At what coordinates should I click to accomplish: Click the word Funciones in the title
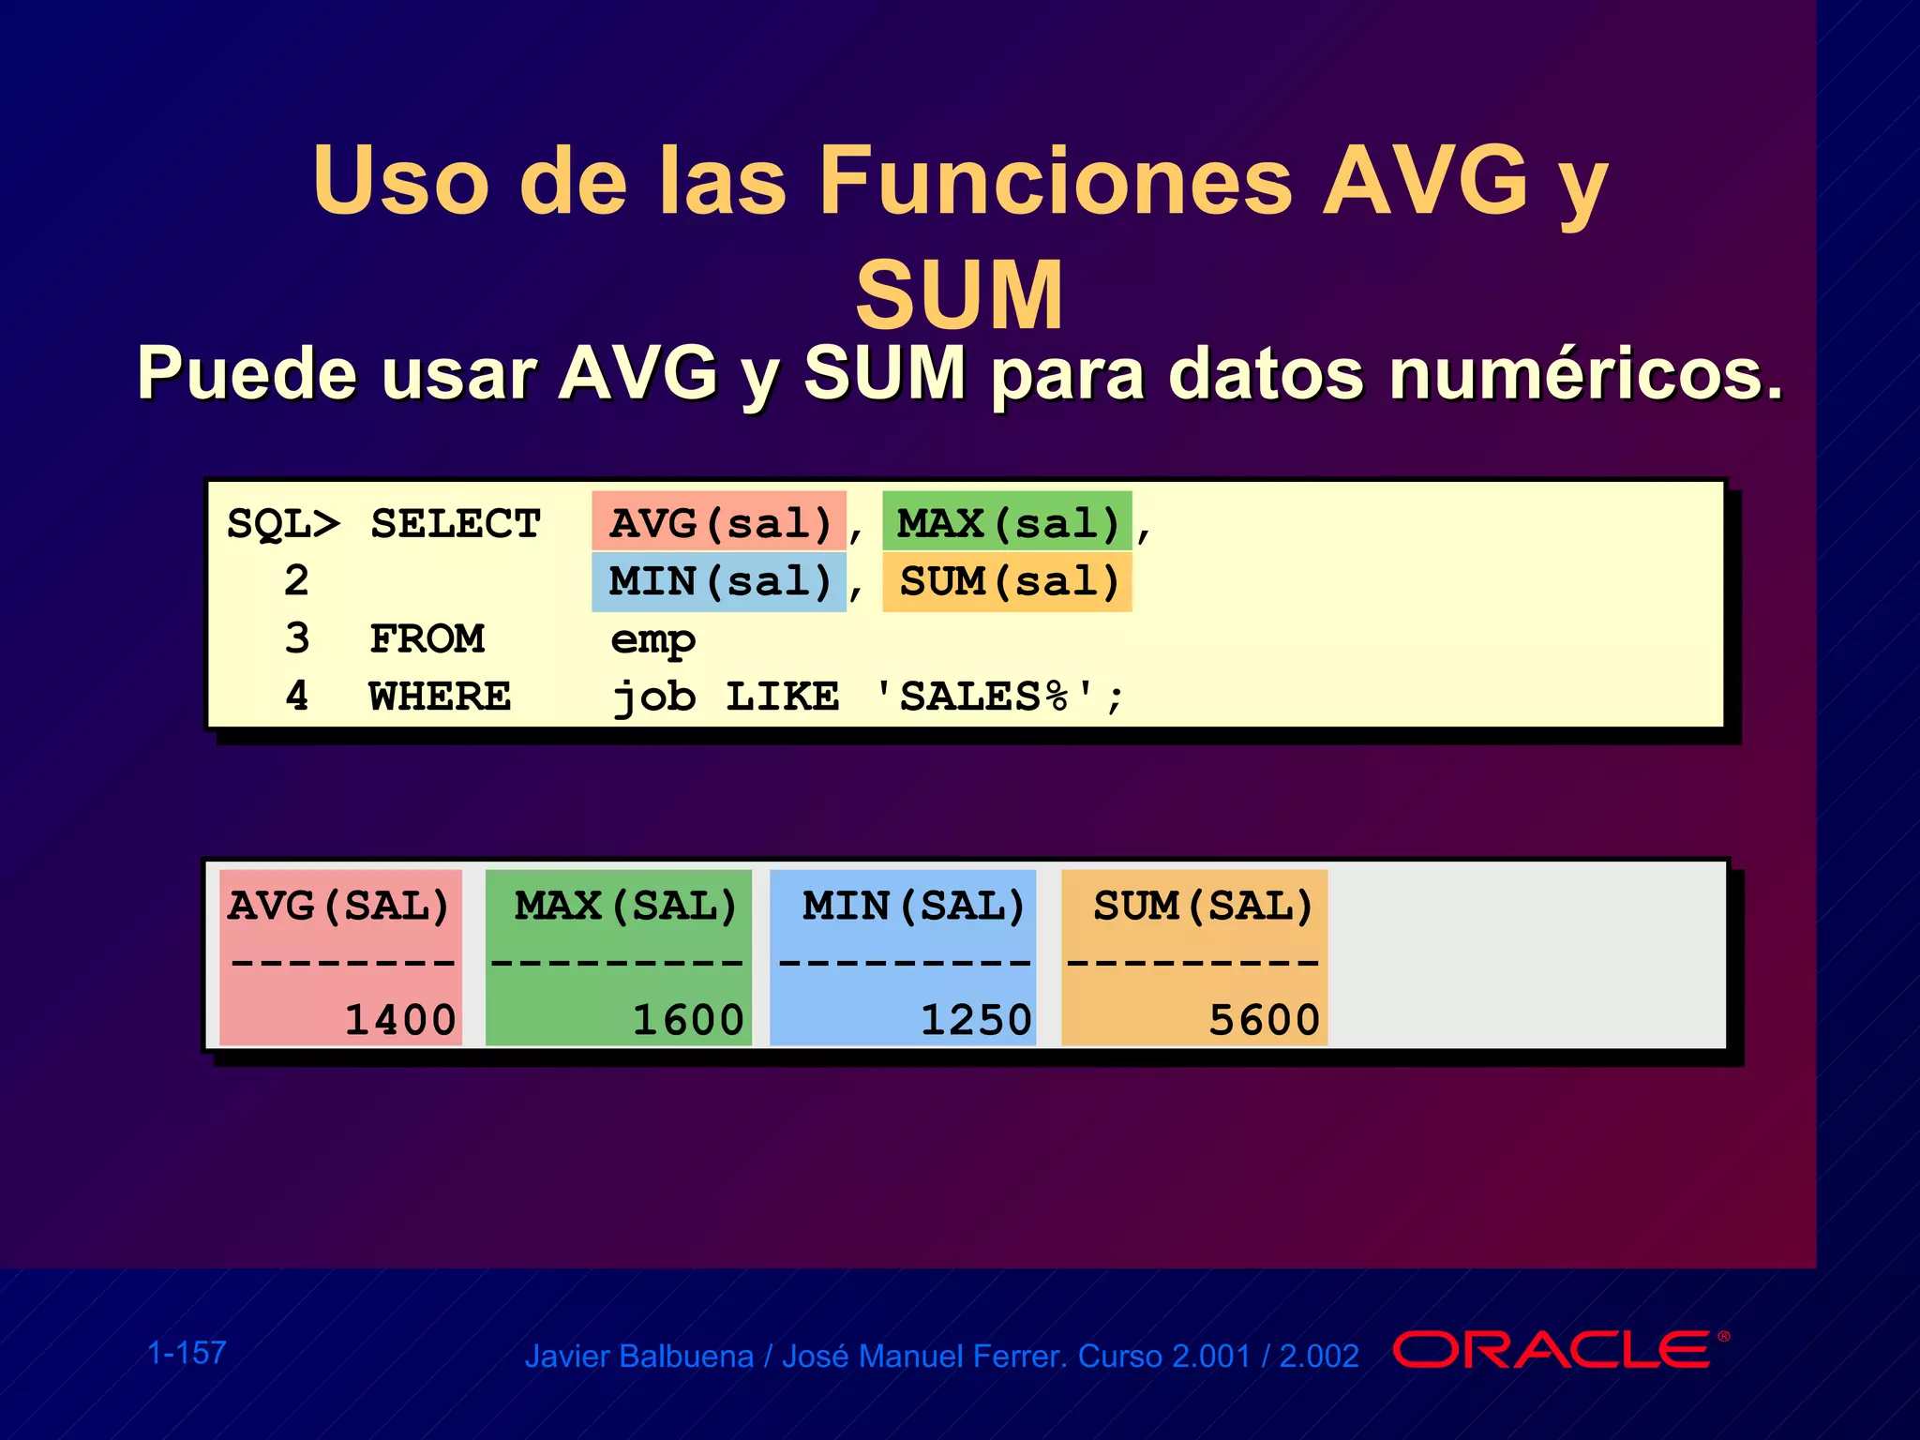[1056, 180]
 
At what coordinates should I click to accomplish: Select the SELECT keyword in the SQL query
[456, 523]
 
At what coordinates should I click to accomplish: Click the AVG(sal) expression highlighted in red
[720, 522]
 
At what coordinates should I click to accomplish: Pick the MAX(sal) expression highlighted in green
[1008, 522]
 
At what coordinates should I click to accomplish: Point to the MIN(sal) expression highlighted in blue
[720, 581]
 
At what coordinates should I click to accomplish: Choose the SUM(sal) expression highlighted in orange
[1009, 581]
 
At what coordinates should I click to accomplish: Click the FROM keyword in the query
[427, 638]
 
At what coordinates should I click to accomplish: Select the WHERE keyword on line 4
[440, 697]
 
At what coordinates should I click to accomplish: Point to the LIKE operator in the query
[783, 697]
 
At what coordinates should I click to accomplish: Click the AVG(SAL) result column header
[338, 906]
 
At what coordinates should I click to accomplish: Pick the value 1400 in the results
[400, 1020]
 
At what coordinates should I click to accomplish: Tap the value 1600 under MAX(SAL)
[688, 1020]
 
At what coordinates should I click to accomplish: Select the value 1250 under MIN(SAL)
[976, 1020]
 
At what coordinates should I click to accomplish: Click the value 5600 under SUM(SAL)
[1264, 1020]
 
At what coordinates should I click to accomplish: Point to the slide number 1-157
[187, 1353]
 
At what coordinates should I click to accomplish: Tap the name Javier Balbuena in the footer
[638, 1357]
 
